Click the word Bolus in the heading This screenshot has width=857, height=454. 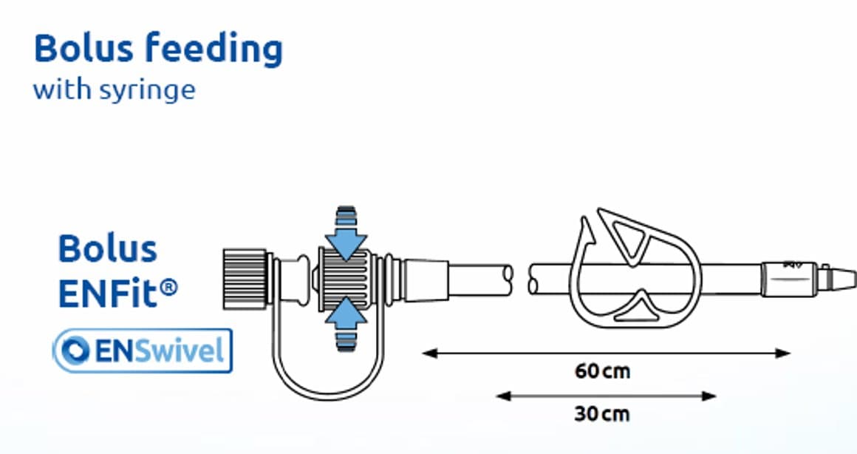click(83, 48)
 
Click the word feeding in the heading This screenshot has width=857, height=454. click(214, 50)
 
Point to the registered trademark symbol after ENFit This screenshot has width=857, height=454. click(170, 287)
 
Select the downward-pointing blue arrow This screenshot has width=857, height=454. click(346, 234)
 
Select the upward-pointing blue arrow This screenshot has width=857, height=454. click(346, 322)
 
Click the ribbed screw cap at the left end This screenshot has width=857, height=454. click(245, 279)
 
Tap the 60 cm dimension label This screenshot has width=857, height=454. click(602, 372)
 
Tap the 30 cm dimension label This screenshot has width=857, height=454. click(602, 414)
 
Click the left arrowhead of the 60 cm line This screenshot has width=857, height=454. click(430, 353)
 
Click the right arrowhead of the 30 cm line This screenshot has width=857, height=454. click(709, 396)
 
